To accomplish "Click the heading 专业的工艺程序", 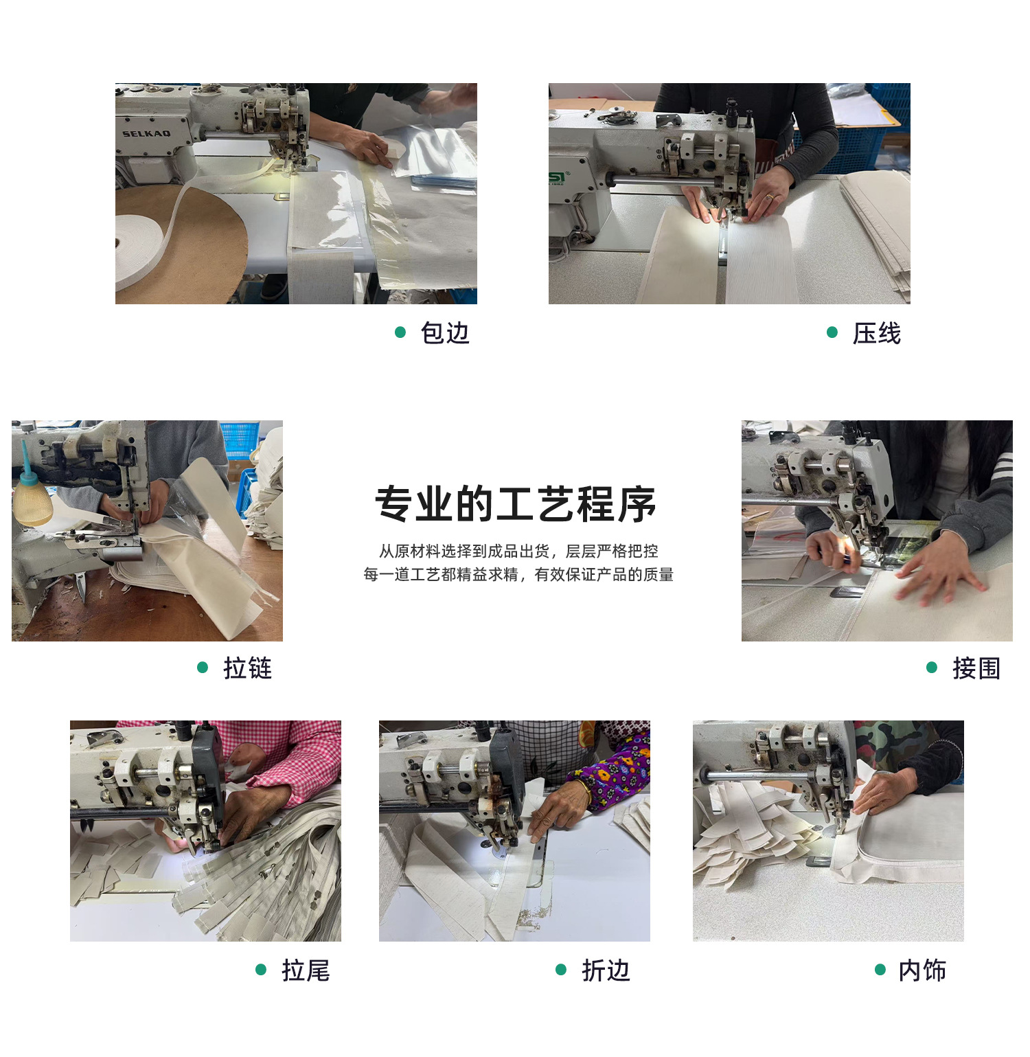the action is click(515, 504).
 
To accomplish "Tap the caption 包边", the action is click(445, 333).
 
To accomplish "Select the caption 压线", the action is click(877, 333).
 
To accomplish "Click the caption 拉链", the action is click(248, 668).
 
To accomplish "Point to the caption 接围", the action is click(976, 668).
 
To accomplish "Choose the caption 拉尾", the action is click(306, 970).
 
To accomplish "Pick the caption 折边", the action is click(606, 970).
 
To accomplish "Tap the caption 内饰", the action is click(922, 970).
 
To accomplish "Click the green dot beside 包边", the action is click(400, 332).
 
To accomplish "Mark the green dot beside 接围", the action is click(932, 667).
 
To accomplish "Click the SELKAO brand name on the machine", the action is click(146, 133).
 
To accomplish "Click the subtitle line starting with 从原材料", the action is click(518, 551).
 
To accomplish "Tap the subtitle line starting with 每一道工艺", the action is click(518, 574).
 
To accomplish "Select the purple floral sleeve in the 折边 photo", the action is click(615, 773).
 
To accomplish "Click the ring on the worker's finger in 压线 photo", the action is click(770, 197).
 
